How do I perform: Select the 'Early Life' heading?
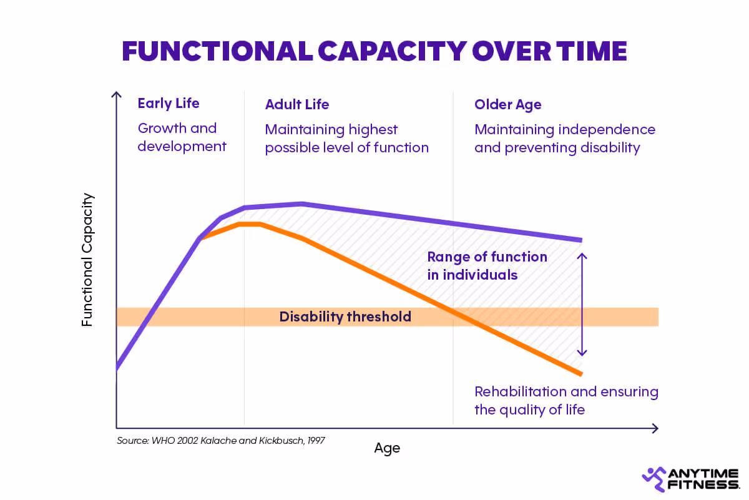(168, 104)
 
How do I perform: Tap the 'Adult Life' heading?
(296, 104)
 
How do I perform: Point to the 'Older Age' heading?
(507, 104)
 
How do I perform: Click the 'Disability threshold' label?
(345, 316)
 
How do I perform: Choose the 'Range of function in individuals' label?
(486, 265)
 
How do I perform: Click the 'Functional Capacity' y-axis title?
(87, 260)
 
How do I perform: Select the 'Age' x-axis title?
(387, 448)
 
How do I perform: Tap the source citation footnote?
(220, 440)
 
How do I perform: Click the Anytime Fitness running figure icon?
(654, 479)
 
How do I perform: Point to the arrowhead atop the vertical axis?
(115, 94)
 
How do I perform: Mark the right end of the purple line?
(580, 240)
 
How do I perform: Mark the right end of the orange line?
(580, 374)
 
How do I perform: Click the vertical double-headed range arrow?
(582, 304)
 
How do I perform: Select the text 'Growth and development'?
(182, 137)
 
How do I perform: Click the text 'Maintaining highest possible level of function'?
(346, 139)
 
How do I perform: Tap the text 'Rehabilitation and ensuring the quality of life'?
(565, 401)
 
